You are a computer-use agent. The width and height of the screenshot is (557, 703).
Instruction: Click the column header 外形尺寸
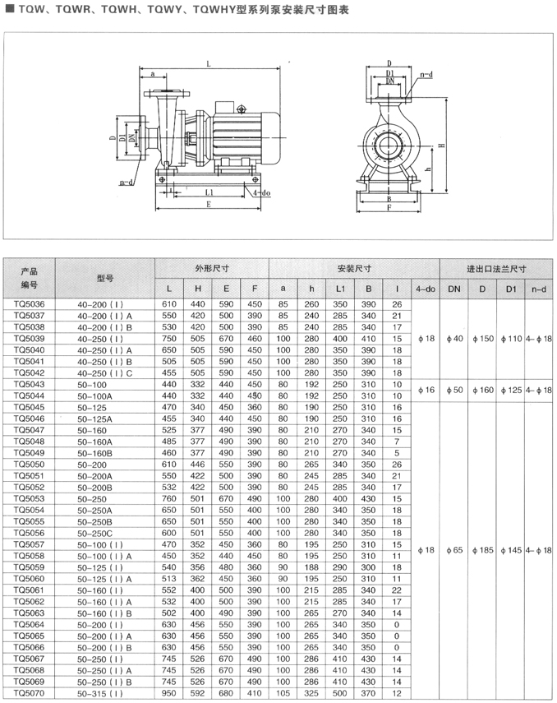[x=211, y=269]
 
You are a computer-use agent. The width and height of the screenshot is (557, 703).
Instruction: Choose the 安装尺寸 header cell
[x=354, y=269]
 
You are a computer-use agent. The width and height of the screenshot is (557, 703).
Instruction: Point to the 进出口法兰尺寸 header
[x=495, y=269]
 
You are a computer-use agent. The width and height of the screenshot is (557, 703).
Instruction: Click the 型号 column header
[x=104, y=279]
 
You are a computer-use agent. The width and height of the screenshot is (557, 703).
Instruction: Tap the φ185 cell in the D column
[x=483, y=549]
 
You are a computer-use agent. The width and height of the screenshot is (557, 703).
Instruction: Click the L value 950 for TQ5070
[x=169, y=694]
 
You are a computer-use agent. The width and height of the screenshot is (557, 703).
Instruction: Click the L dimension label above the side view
[x=207, y=63]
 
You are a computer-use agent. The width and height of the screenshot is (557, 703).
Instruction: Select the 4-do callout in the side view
[x=260, y=192]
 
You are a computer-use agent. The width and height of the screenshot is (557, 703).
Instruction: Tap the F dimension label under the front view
[x=389, y=208]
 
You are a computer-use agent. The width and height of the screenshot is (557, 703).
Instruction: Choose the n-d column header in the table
[x=539, y=289]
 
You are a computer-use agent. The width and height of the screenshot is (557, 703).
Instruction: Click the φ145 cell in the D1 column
[x=510, y=549]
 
